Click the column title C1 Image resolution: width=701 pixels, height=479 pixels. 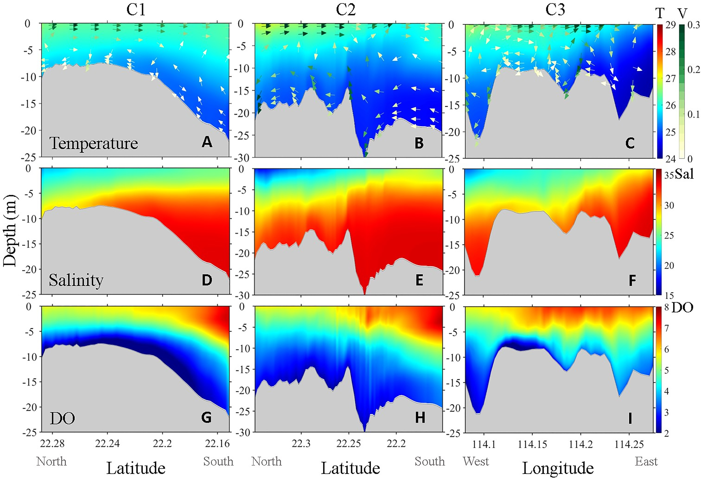[x=136, y=10]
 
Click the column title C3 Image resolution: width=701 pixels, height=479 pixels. [x=555, y=10]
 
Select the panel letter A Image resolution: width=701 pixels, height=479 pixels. [x=207, y=142]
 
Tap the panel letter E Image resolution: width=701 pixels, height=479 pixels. [x=419, y=280]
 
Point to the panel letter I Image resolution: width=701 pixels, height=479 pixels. [x=630, y=418]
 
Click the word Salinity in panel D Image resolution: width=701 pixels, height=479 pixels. [x=76, y=280]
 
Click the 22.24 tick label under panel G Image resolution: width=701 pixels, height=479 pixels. [x=107, y=444]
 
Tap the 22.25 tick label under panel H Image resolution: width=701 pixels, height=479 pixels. [x=348, y=444]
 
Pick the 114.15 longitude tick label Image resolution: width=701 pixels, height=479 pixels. [x=532, y=444]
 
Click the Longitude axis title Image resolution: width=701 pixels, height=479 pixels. [x=558, y=468]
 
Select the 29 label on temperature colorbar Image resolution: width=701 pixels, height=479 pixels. [x=670, y=25]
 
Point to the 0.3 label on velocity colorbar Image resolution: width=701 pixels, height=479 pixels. [x=693, y=25]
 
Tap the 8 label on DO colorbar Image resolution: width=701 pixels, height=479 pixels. [x=666, y=308]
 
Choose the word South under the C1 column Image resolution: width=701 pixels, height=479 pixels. [x=218, y=461]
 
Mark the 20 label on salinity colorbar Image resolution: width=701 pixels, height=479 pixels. [x=669, y=266]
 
